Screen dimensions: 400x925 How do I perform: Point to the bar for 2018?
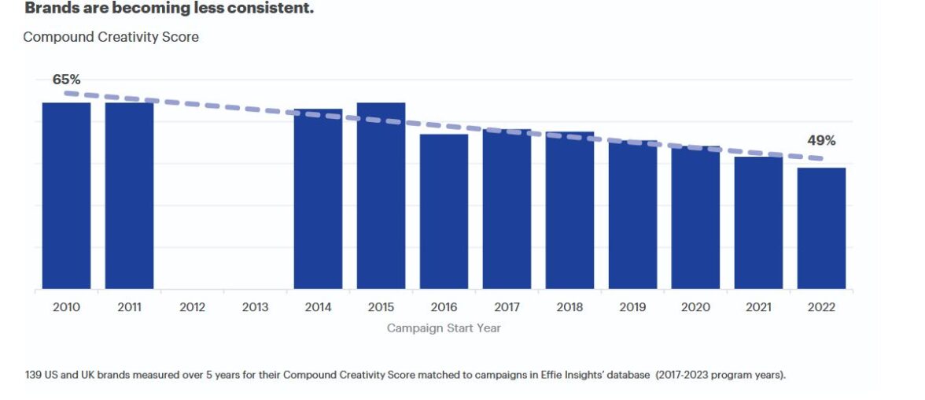[x=569, y=210]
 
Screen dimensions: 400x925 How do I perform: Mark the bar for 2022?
[x=821, y=228]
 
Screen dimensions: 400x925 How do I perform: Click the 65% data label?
[x=66, y=80]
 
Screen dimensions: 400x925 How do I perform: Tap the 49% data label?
[x=821, y=141]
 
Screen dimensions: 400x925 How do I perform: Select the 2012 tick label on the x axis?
[x=192, y=307]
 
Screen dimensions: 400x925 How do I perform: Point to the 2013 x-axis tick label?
[x=255, y=307]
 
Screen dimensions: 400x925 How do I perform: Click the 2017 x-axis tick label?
[x=507, y=307]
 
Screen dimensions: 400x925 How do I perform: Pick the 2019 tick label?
[x=632, y=307]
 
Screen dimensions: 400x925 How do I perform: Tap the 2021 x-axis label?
[x=758, y=307]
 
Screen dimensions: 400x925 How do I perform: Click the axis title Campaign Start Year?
[x=444, y=328]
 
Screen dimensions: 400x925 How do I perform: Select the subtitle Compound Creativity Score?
[x=111, y=37]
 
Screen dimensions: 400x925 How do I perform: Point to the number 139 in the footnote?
[x=35, y=375]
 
